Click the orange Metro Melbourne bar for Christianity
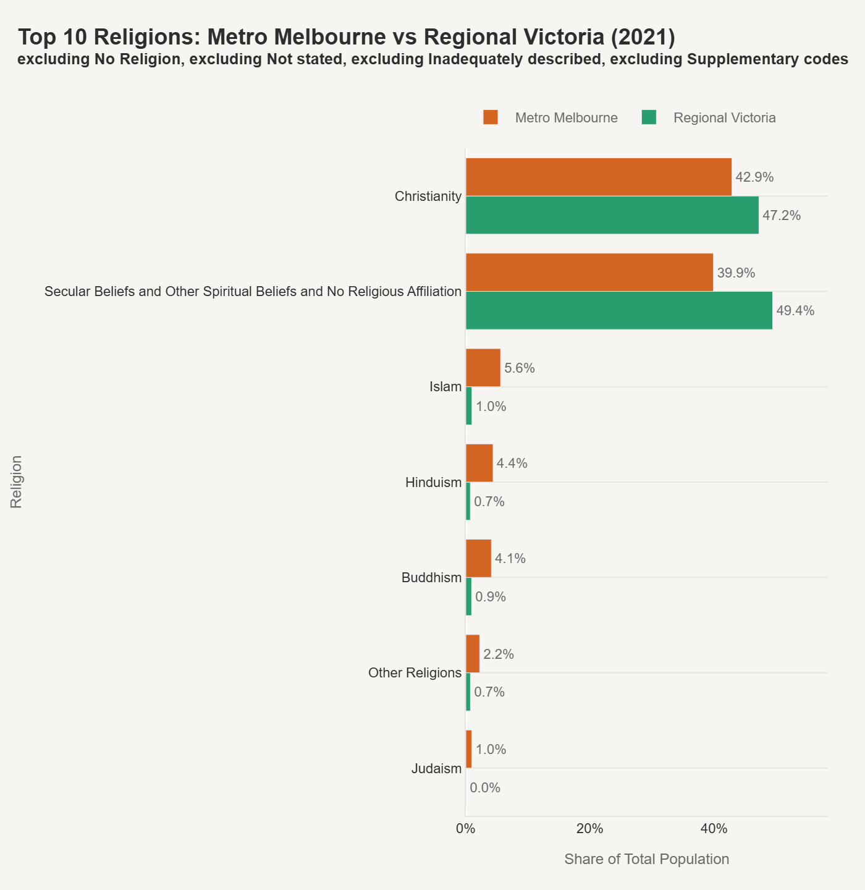(x=598, y=177)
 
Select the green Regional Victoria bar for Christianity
(x=612, y=215)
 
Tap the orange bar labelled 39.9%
(x=589, y=272)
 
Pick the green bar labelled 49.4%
(x=618, y=310)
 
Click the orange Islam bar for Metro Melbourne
(x=483, y=368)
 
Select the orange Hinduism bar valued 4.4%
(x=479, y=463)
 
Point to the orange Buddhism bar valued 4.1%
(x=478, y=558)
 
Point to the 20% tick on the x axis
(x=589, y=829)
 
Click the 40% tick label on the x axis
(x=714, y=829)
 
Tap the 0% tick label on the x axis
(x=465, y=829)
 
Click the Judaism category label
(x=436, y=769)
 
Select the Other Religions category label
(x=415, y=673)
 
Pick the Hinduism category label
(x=433, y=483)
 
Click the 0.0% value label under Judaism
(x=485, y=788)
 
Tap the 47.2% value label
(x=782, y=216)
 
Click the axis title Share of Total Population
(x=646, y=859)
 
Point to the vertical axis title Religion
(x=17, y=482)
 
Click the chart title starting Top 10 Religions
(x=346, y=37)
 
